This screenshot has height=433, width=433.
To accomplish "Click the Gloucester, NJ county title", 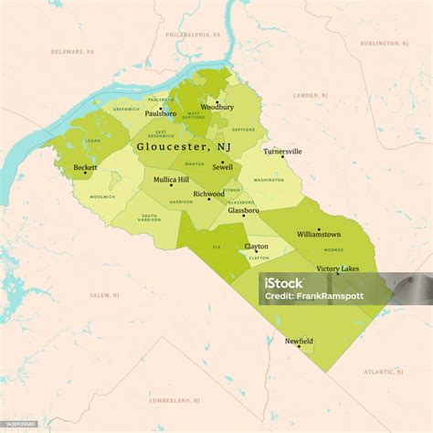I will click(183, 145).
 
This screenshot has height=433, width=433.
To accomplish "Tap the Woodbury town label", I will click(216, 107).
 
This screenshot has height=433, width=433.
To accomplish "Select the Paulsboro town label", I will click(161, 113).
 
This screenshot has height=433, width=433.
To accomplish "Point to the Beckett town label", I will click(86, 167).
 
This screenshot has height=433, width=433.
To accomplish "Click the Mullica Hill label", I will click(171, 179).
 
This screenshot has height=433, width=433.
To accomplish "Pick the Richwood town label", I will click(208, 194).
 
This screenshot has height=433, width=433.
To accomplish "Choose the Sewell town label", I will click(222, 167).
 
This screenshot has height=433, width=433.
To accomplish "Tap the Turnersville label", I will click(281, 151).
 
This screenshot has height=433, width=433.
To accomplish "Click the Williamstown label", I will click(319, 234).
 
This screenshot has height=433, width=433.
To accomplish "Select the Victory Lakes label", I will click(337, 269).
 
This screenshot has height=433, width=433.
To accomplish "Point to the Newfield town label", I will click(299, 341).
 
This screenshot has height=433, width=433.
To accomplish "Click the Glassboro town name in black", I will click(243, 210).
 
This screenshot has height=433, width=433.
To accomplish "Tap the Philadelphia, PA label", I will click(194, 33).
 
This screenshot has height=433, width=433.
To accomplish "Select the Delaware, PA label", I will click(72, 52).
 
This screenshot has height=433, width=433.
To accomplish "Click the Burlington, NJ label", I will click(384, 43).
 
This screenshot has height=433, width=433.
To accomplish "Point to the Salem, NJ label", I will click(100, 295).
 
